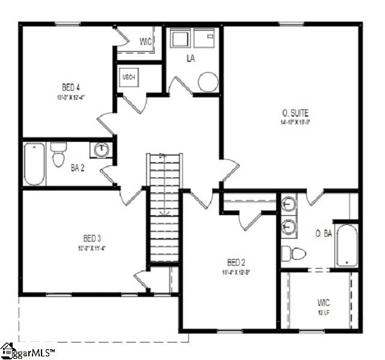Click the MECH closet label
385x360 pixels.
128,78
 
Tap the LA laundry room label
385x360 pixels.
191,58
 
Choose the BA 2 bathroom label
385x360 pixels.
78,168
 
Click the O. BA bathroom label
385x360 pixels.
324,234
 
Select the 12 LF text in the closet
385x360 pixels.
324,313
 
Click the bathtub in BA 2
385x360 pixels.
34,163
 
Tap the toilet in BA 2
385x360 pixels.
58,155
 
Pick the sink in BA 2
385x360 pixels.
102,149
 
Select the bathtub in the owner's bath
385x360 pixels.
346,245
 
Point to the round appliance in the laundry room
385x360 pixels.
208,82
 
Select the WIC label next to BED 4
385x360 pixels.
146,41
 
